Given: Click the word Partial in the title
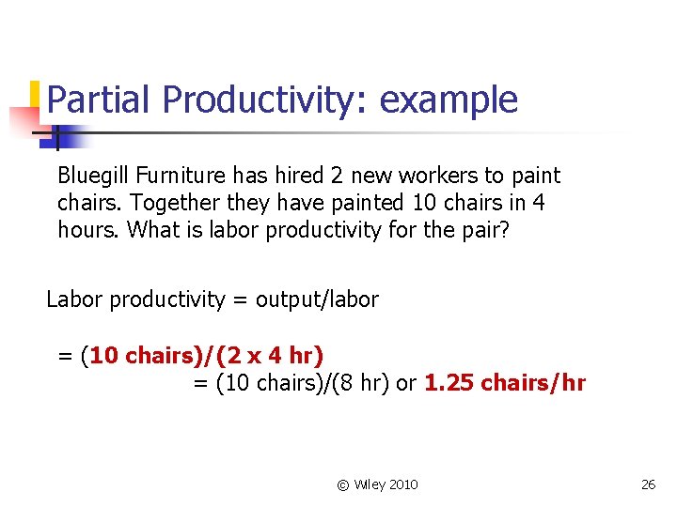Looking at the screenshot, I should point(100,100).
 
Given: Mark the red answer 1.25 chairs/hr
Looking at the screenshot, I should point(504,383).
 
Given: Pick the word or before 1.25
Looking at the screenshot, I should point(406,383).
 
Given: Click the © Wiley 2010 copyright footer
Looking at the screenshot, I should point(377,484).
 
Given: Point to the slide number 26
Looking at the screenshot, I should point(648,484).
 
